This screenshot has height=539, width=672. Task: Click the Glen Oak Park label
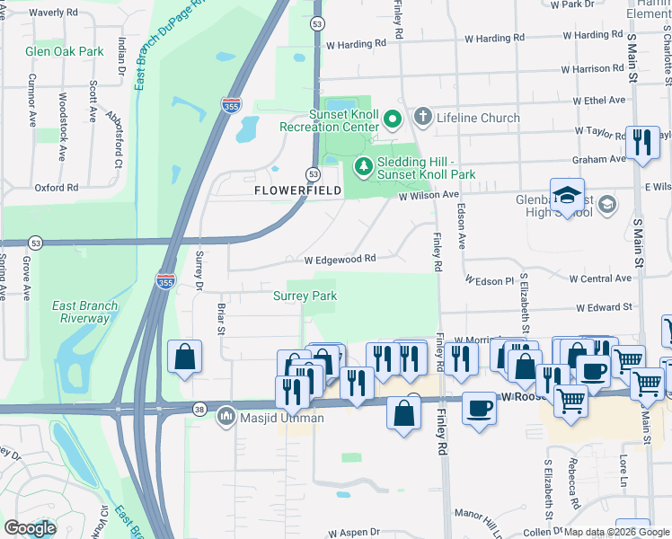66,52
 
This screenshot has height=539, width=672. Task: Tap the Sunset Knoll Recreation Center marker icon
392,119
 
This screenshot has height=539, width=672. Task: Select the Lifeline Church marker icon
423,118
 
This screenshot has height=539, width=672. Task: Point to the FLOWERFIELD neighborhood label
296,191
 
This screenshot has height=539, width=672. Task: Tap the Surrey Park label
305,296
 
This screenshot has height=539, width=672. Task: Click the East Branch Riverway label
85,312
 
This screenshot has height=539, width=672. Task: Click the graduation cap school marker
568,195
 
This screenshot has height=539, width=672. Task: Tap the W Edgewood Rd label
339,259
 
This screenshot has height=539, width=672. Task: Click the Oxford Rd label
57,188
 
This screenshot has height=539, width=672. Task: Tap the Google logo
30,527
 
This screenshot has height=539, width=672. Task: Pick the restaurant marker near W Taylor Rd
642,143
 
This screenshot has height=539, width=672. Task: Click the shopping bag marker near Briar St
184,356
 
